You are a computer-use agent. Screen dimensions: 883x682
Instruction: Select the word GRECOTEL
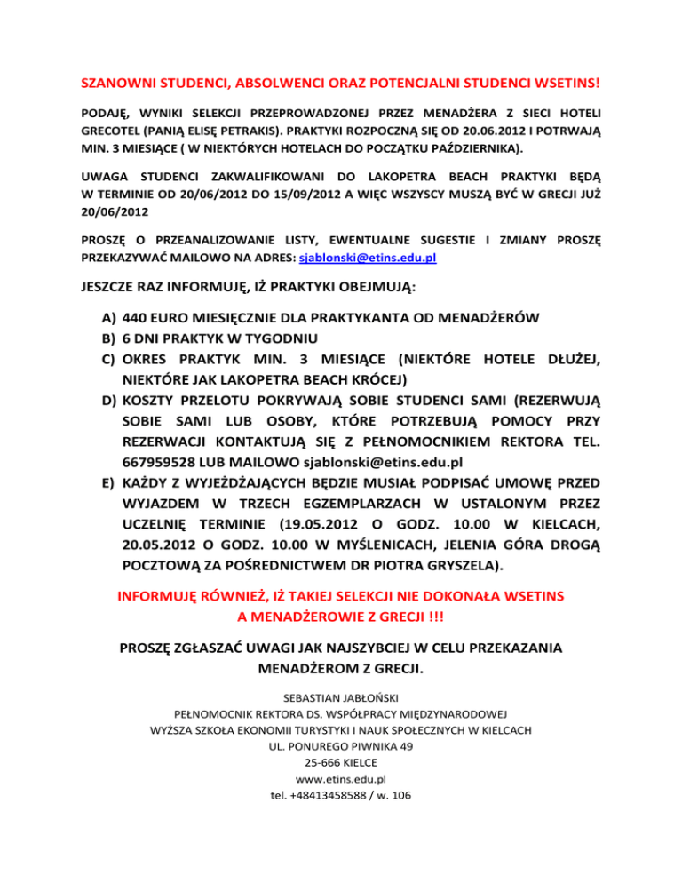(x=111, y=129)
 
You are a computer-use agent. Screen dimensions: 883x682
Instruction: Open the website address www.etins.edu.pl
(x=340, y=778)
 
